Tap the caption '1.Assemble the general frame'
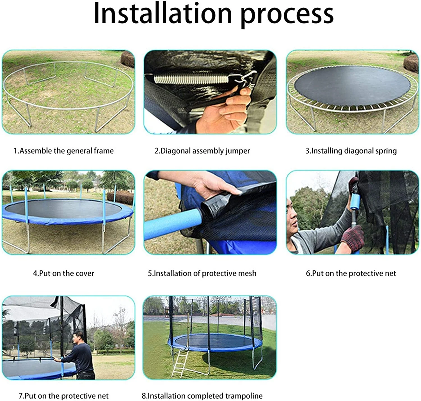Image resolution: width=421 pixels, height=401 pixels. pyautogui.click(x=64, y=151)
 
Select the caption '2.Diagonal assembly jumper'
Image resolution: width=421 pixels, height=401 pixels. pyautogui.click(x=202, y=151)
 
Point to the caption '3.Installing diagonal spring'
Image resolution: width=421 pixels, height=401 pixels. pyautogui.click(x=351, y=151)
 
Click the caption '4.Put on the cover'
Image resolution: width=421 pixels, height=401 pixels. pyautogui.click(x=64, y=273)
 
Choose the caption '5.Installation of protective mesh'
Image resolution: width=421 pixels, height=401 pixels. pyautogui.click(x=202, y=273)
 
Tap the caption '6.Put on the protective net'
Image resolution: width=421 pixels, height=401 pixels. pyautogui.click(x=351, y=273)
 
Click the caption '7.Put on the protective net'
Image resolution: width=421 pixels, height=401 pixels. pyautogui.click(x=64, y=396)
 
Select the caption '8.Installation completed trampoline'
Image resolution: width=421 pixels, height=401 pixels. pyautogui.click(x=202, y=396)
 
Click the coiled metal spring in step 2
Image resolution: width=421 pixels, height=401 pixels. pyautogui.click(x=192, y=78)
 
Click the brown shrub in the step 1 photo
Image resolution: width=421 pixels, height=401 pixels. pyautogui.click(x=128, y=59)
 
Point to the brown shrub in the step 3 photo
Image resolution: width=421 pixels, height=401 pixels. pyautogui.click(x=411, y=63)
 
